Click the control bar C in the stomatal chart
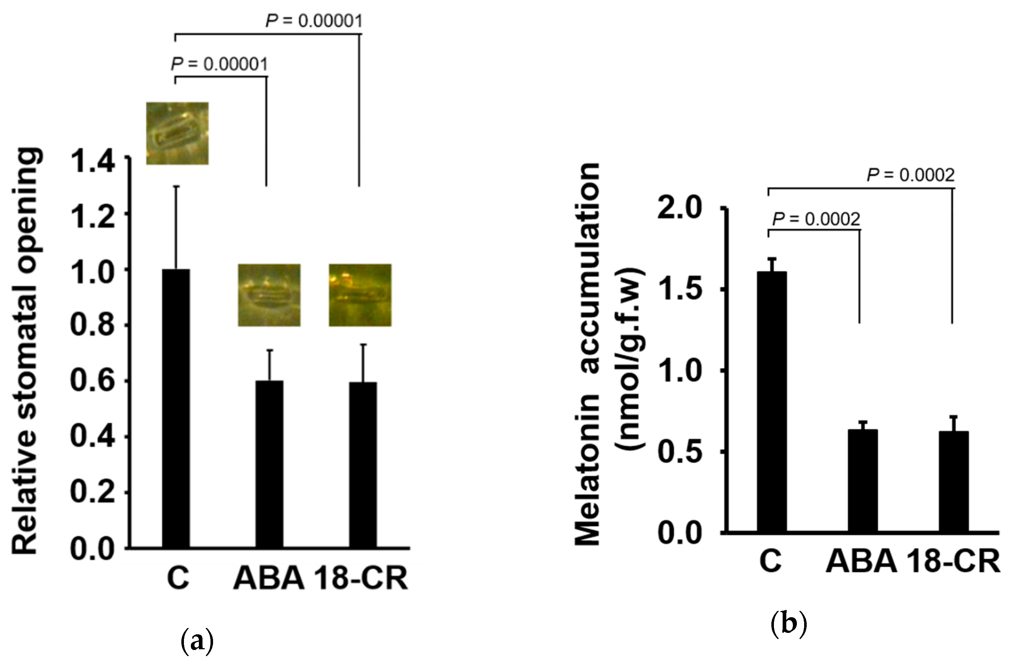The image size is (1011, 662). (176, 407)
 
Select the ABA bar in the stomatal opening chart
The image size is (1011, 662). (269, 464)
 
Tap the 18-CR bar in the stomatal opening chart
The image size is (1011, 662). (363, 465)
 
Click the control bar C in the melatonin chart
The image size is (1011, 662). (771, 401)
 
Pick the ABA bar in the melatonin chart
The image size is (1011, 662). (863, 480)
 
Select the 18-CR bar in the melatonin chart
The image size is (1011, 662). (954, 481)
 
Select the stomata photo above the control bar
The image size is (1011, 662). (177, 133)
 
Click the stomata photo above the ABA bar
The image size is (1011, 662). (269, 295)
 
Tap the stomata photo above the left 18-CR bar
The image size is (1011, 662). (360, 295)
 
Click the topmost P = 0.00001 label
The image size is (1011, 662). (314, 21)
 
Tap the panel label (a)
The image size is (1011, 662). (197, 642)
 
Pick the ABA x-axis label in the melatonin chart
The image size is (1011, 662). (861, 562)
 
